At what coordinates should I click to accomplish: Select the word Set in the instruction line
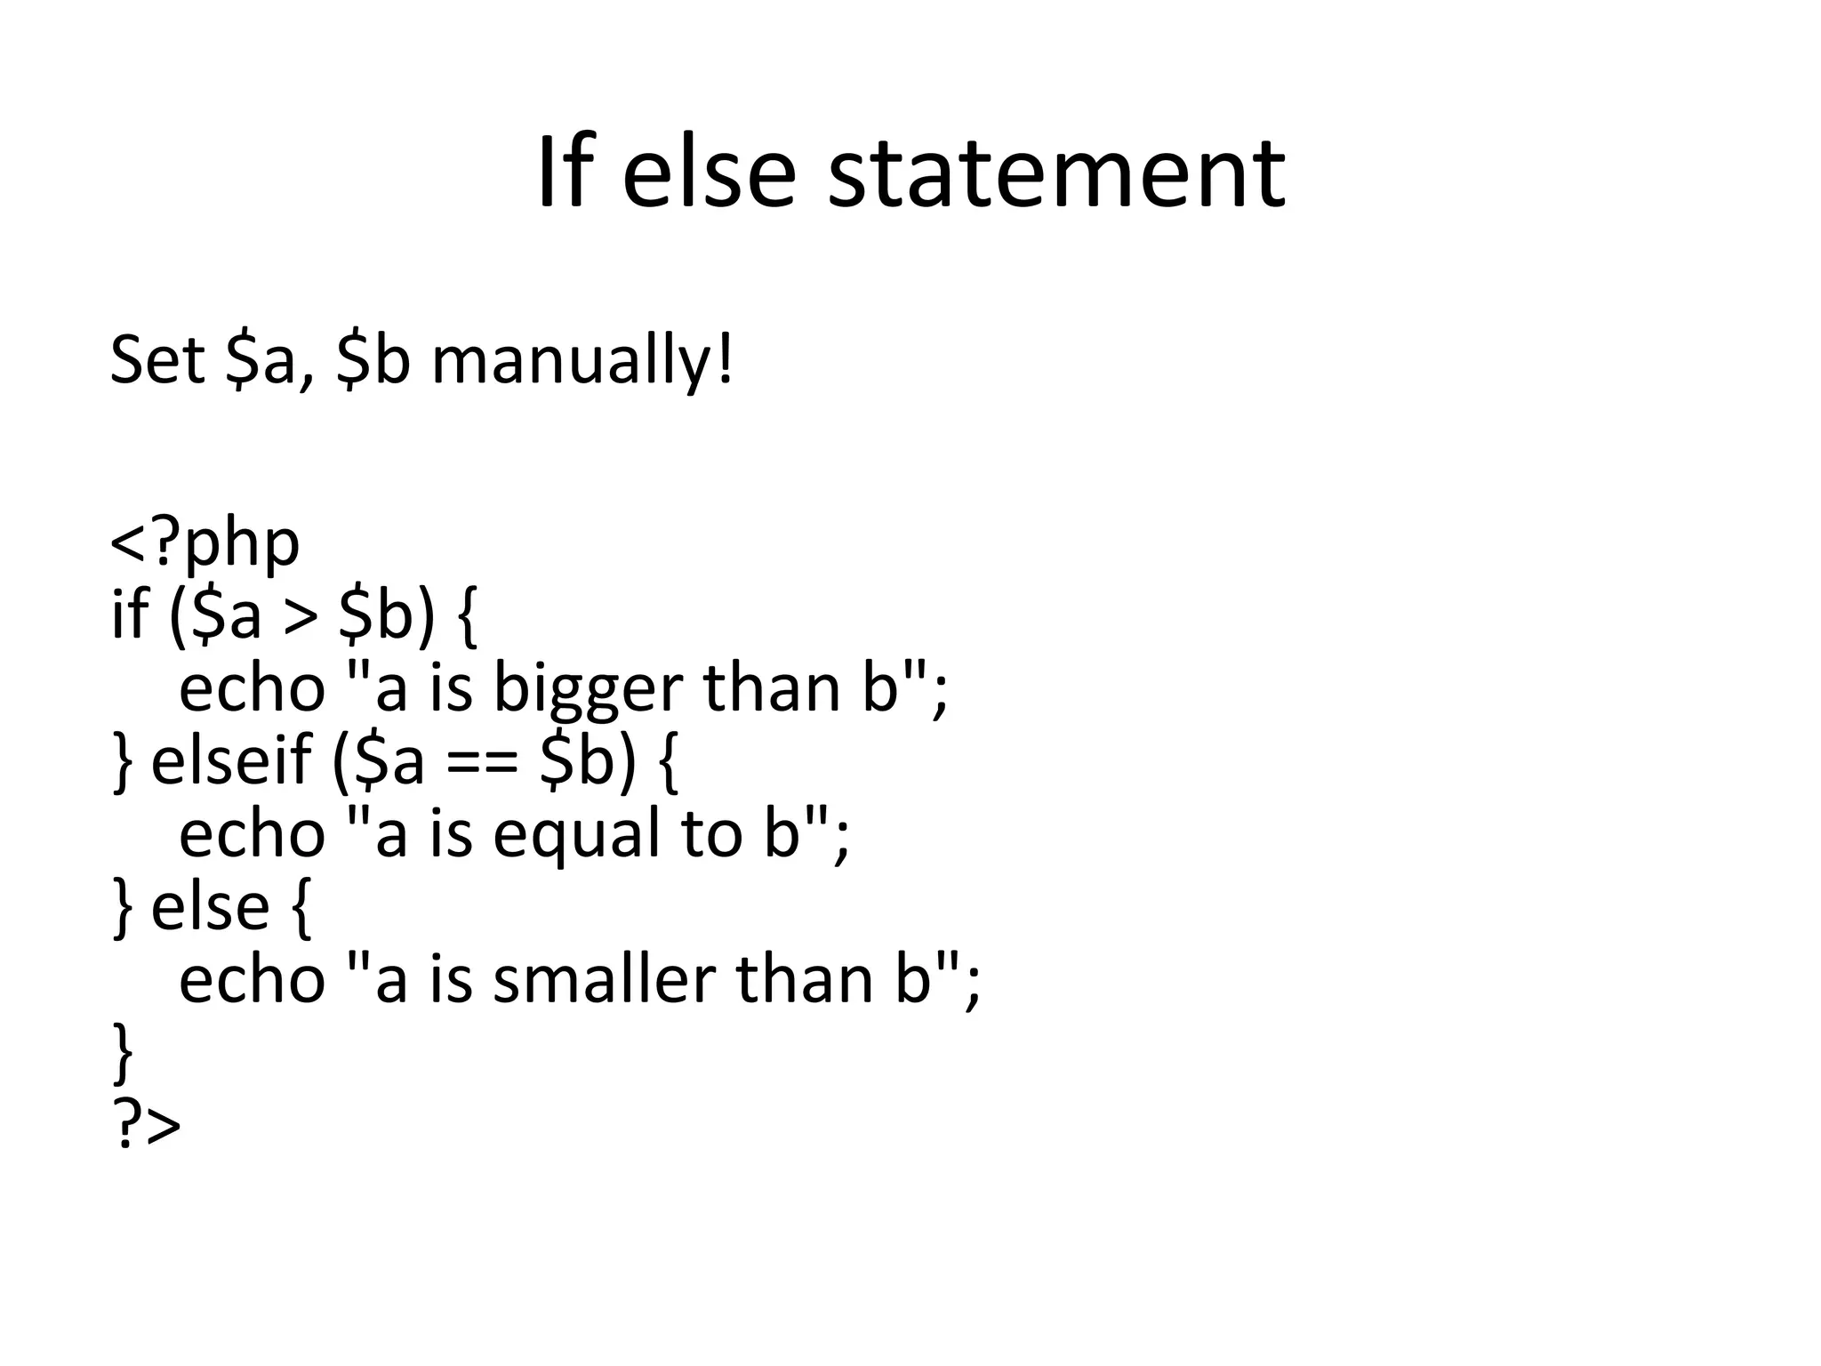click(157, 361)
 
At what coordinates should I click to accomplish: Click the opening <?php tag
click(205, 542)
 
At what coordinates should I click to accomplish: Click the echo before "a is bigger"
click(253, 688)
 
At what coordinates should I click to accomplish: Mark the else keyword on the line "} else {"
click(210, 906)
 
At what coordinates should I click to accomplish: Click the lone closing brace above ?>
click(124, 1054)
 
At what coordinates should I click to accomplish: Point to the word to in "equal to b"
click(711, 834)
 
